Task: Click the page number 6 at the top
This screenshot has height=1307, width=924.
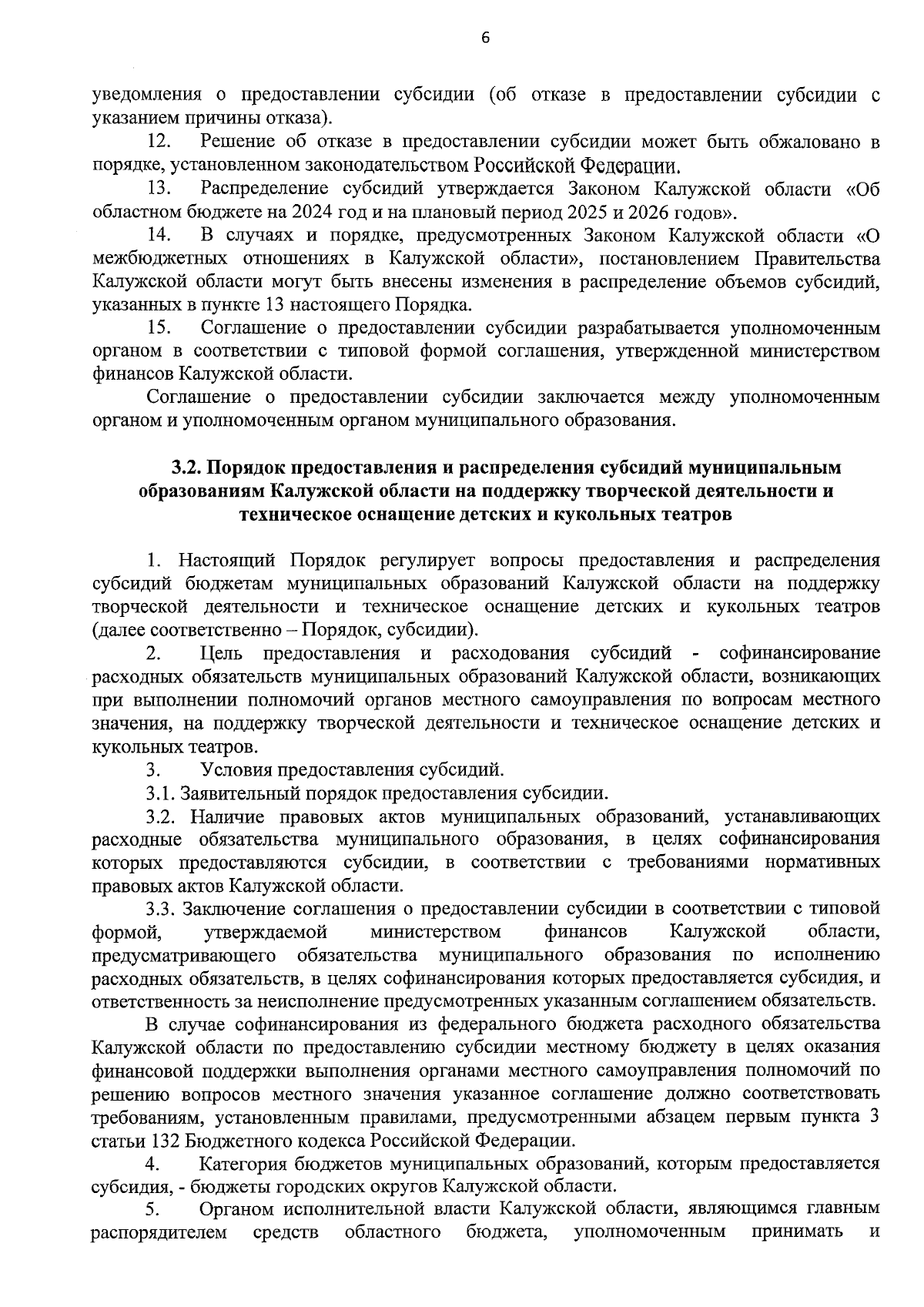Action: tap(485, 39)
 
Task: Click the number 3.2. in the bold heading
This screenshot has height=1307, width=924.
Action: tap(186, 468)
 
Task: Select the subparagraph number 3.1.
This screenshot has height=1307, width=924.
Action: tap(161, 793)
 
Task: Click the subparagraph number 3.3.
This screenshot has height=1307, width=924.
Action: tap(161, 910)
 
